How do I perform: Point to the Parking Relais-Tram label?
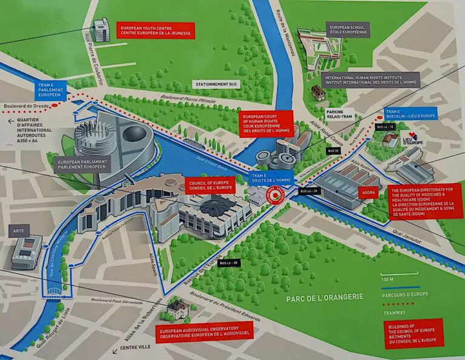click(x=335, y=115)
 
